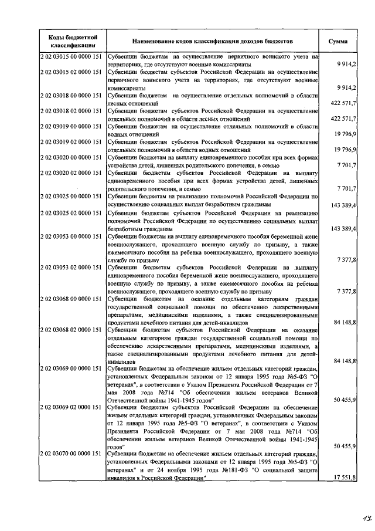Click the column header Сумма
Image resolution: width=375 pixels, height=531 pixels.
pyautogui.click(x=338, y=42)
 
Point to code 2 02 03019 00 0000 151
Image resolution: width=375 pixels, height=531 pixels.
pyautogui.click(x=72, y=126)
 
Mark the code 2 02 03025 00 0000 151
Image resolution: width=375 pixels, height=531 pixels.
pyautogui.click(x=72, y=197)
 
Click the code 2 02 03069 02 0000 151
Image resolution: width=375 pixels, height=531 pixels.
pyautogui.click(x=72, y=407)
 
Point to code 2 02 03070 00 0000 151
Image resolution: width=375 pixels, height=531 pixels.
pyautogui.click(x=72, y=454)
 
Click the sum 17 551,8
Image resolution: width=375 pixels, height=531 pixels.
pyautogui.click(x=345, y=478)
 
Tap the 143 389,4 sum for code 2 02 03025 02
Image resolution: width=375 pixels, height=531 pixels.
pyautogui.click(x=344, y=228)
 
